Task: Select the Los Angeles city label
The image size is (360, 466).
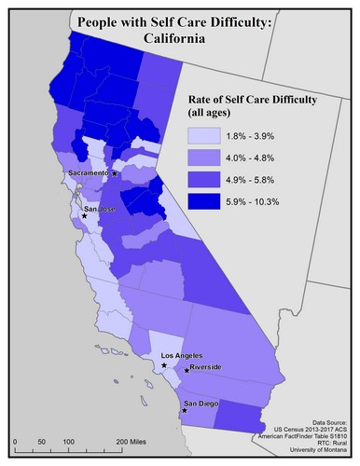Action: coord(182,356)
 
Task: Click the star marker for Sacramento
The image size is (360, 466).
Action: coord(115,173)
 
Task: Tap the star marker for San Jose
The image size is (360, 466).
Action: coord(85,216)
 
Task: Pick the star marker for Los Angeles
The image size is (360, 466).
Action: coord(164,365)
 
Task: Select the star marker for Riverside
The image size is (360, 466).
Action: coord(186,371)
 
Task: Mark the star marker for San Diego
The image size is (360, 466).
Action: coord(184,410)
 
